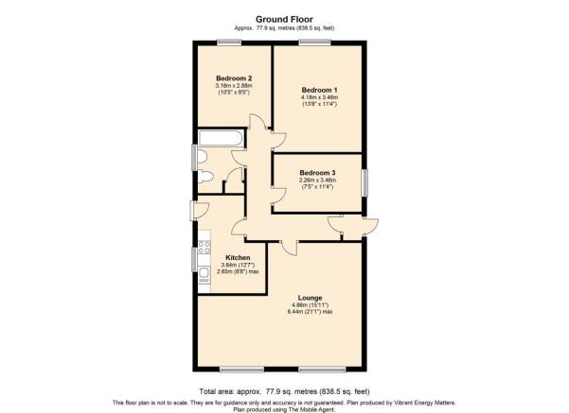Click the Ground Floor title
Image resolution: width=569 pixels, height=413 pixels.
pos(284,19)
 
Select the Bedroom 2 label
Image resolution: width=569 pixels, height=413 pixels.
pos(234,78)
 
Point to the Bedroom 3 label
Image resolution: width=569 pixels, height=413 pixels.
pos(317,173)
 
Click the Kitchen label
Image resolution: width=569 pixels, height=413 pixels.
pos(238,258)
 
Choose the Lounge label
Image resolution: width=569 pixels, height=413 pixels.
pos(311,298)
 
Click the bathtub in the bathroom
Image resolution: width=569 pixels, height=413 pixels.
pos(221,138)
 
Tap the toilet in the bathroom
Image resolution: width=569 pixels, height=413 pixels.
pos(205,177)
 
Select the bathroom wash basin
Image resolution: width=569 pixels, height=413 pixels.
pos(203,157)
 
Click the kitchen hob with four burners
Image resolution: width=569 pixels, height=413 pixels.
pos(204,247)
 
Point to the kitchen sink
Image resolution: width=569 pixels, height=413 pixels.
pos(204,272)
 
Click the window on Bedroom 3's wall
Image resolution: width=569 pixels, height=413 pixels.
pos(365,183)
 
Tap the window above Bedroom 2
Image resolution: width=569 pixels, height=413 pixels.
pos(229,43)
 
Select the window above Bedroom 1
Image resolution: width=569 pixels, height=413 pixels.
pos(315,43)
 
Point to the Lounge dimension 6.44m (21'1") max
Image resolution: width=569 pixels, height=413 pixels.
pos(311,312)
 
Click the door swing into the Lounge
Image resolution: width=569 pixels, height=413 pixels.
pos(289,249)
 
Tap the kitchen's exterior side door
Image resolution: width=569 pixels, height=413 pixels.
pos(199,211)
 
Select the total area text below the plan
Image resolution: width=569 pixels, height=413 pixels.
pos(284,391)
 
